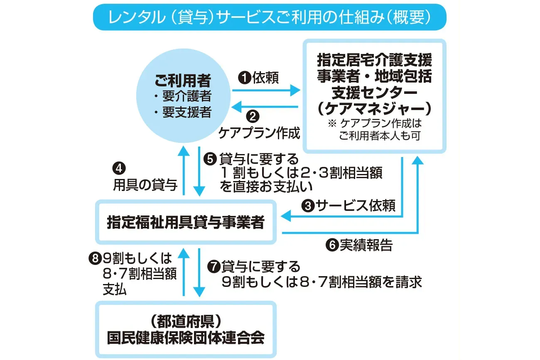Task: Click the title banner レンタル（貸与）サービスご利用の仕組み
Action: point(270,17)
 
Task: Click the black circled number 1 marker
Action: point(245,78)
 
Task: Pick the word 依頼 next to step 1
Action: point(266,78)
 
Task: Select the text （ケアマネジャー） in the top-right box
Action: point(374,108)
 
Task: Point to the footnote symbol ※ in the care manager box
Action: point(331,123)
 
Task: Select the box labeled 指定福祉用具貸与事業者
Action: point(186,222)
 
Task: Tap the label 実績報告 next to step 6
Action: point(366,245)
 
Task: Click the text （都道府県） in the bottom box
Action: point(186,321)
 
